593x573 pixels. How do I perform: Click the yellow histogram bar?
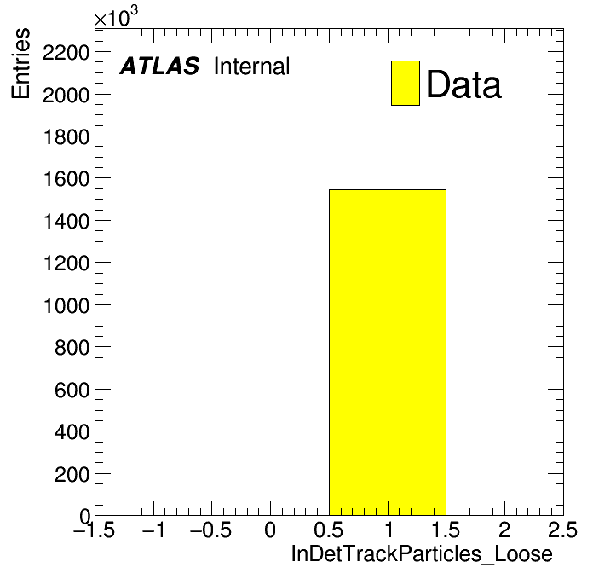[388, 352]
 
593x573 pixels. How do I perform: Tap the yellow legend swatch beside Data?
[406, 83]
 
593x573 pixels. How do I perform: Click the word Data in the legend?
[463, 84]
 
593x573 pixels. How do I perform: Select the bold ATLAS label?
[159, 66]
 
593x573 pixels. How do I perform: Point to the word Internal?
[252, 66]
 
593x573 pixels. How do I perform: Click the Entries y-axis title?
[20, 63]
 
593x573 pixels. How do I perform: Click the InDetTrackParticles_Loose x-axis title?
[422, 553]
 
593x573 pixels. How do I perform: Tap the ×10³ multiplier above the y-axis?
[116, 16]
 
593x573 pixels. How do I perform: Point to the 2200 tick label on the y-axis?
[66, 52]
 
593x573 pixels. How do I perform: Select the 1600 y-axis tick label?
[66, 179]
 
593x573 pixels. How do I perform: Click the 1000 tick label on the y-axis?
[66, 305]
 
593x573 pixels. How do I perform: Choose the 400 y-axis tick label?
[72, 431]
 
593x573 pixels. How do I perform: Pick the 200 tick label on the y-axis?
[72, 474]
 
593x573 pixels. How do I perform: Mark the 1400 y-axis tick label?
[66, 221]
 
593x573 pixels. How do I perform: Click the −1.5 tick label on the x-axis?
[94, 530]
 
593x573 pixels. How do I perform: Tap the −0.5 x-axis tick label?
[210, 530]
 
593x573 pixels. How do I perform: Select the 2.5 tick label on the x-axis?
[562, 530]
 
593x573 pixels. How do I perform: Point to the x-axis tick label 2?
[504, 530]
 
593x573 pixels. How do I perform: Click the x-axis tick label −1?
[153, 530]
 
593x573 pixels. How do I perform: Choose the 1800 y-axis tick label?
[66, 136]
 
